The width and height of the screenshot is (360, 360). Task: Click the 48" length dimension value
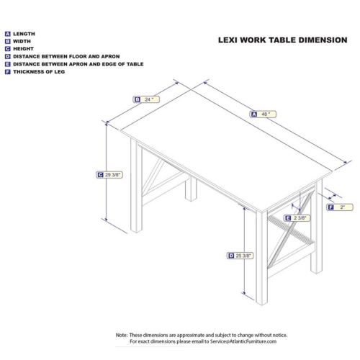pyautogui.click(x=267, y=114)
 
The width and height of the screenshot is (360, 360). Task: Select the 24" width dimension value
pyautogui.click(x=149, y=99)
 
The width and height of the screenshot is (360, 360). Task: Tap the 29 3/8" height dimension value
pyautogui.click(x=112, y=174)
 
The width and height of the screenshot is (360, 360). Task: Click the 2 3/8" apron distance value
pyautogui.click(x=301, y=217)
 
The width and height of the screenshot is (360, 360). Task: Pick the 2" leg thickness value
pyautogui.click(x=343, y=207)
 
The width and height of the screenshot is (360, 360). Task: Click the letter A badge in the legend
pyautogui.click(x=7, y=34)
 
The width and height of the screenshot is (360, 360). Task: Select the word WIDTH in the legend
pyautogui.click(x=22, y=41)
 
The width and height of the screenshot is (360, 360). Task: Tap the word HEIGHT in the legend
pyautogui.click(x=24, y=48)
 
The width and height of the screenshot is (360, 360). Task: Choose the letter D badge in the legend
pyautogui.click(x=7, y=56)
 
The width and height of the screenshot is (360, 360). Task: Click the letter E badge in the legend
pyautogui.click(x=7, y=63)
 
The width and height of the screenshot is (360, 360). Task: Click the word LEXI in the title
pyautogui.click(x=229, y=40)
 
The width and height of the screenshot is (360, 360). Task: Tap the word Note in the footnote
pyautogui.click(x=122, y=335)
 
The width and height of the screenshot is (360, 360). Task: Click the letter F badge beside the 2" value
pyautogui.click(x=330, y=207)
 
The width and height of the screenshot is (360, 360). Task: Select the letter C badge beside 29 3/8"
pyautogui.click(x=99, y=174)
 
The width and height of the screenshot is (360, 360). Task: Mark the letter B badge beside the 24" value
pyautogui.click(x=137, y=99)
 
